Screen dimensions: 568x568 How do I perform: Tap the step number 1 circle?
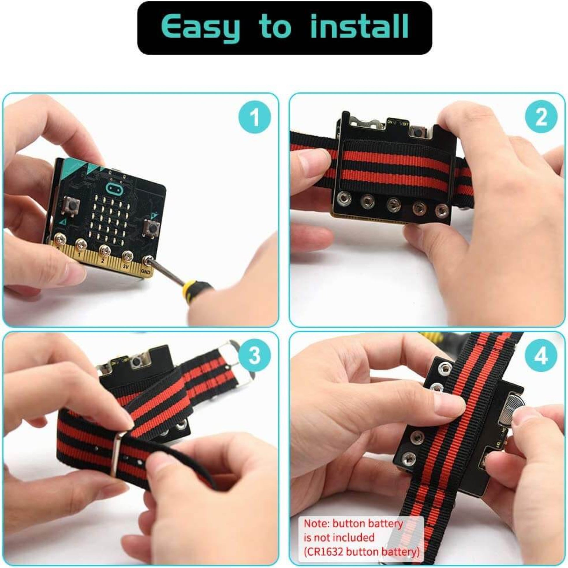coord(254,117)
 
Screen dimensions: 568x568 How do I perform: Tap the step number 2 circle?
coord(541,117)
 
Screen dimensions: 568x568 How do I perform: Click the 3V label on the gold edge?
coord(126,267)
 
